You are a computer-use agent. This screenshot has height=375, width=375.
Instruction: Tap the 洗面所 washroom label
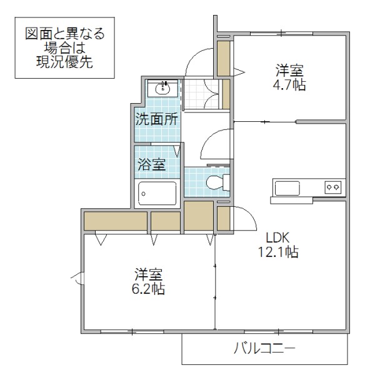coord(157,120)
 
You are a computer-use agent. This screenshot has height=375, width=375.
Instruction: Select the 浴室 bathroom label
coord(151,166)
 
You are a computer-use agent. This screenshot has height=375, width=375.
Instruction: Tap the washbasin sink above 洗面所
coord(164,87)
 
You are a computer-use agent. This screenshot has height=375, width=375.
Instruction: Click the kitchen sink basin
coord(287,187)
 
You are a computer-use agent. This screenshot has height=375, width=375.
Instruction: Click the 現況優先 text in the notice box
coord(65,62)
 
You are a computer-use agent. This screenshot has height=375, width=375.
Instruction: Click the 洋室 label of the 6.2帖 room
coord(149,274)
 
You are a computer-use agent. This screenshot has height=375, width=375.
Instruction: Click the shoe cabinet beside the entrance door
coord(223,57)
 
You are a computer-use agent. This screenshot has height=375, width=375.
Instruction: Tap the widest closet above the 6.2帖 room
coord(115,221)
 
